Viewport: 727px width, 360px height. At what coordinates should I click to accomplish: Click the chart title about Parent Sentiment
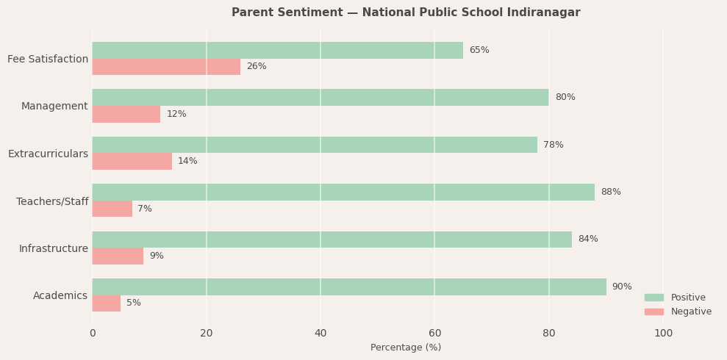click(406, 12)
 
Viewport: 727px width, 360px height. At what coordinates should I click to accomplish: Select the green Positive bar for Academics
click(349, 287)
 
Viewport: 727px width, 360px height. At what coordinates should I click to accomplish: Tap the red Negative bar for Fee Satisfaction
click(166, 67)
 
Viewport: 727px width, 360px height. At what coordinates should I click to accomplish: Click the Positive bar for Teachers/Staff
click(343, 192)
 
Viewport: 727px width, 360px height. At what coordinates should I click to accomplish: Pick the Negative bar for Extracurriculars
click(132, 162)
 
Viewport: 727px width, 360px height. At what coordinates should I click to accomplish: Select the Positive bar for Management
click(320, 97)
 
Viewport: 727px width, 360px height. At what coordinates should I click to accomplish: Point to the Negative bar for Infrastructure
click(118, 256)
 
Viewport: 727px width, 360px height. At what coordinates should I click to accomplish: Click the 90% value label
click(622, 287)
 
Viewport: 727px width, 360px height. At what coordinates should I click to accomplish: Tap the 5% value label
click(134, 303)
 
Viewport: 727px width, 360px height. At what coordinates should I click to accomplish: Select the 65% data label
click(479, 50)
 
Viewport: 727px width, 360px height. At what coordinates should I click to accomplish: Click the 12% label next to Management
click(176, 114)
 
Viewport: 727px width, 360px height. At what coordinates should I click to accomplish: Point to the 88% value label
click(611, 192)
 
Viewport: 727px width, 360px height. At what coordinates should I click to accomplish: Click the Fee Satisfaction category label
click(48, 59)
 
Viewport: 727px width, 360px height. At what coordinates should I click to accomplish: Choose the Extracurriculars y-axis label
click(48, 154)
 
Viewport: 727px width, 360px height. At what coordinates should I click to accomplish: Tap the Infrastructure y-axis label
click(54, 248)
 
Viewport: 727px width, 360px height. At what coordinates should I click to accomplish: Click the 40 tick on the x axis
click(320, 333)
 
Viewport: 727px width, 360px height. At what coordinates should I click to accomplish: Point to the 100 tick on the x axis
click(663, 333)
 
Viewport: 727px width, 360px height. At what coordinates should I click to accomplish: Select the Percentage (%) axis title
click(406, 348)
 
